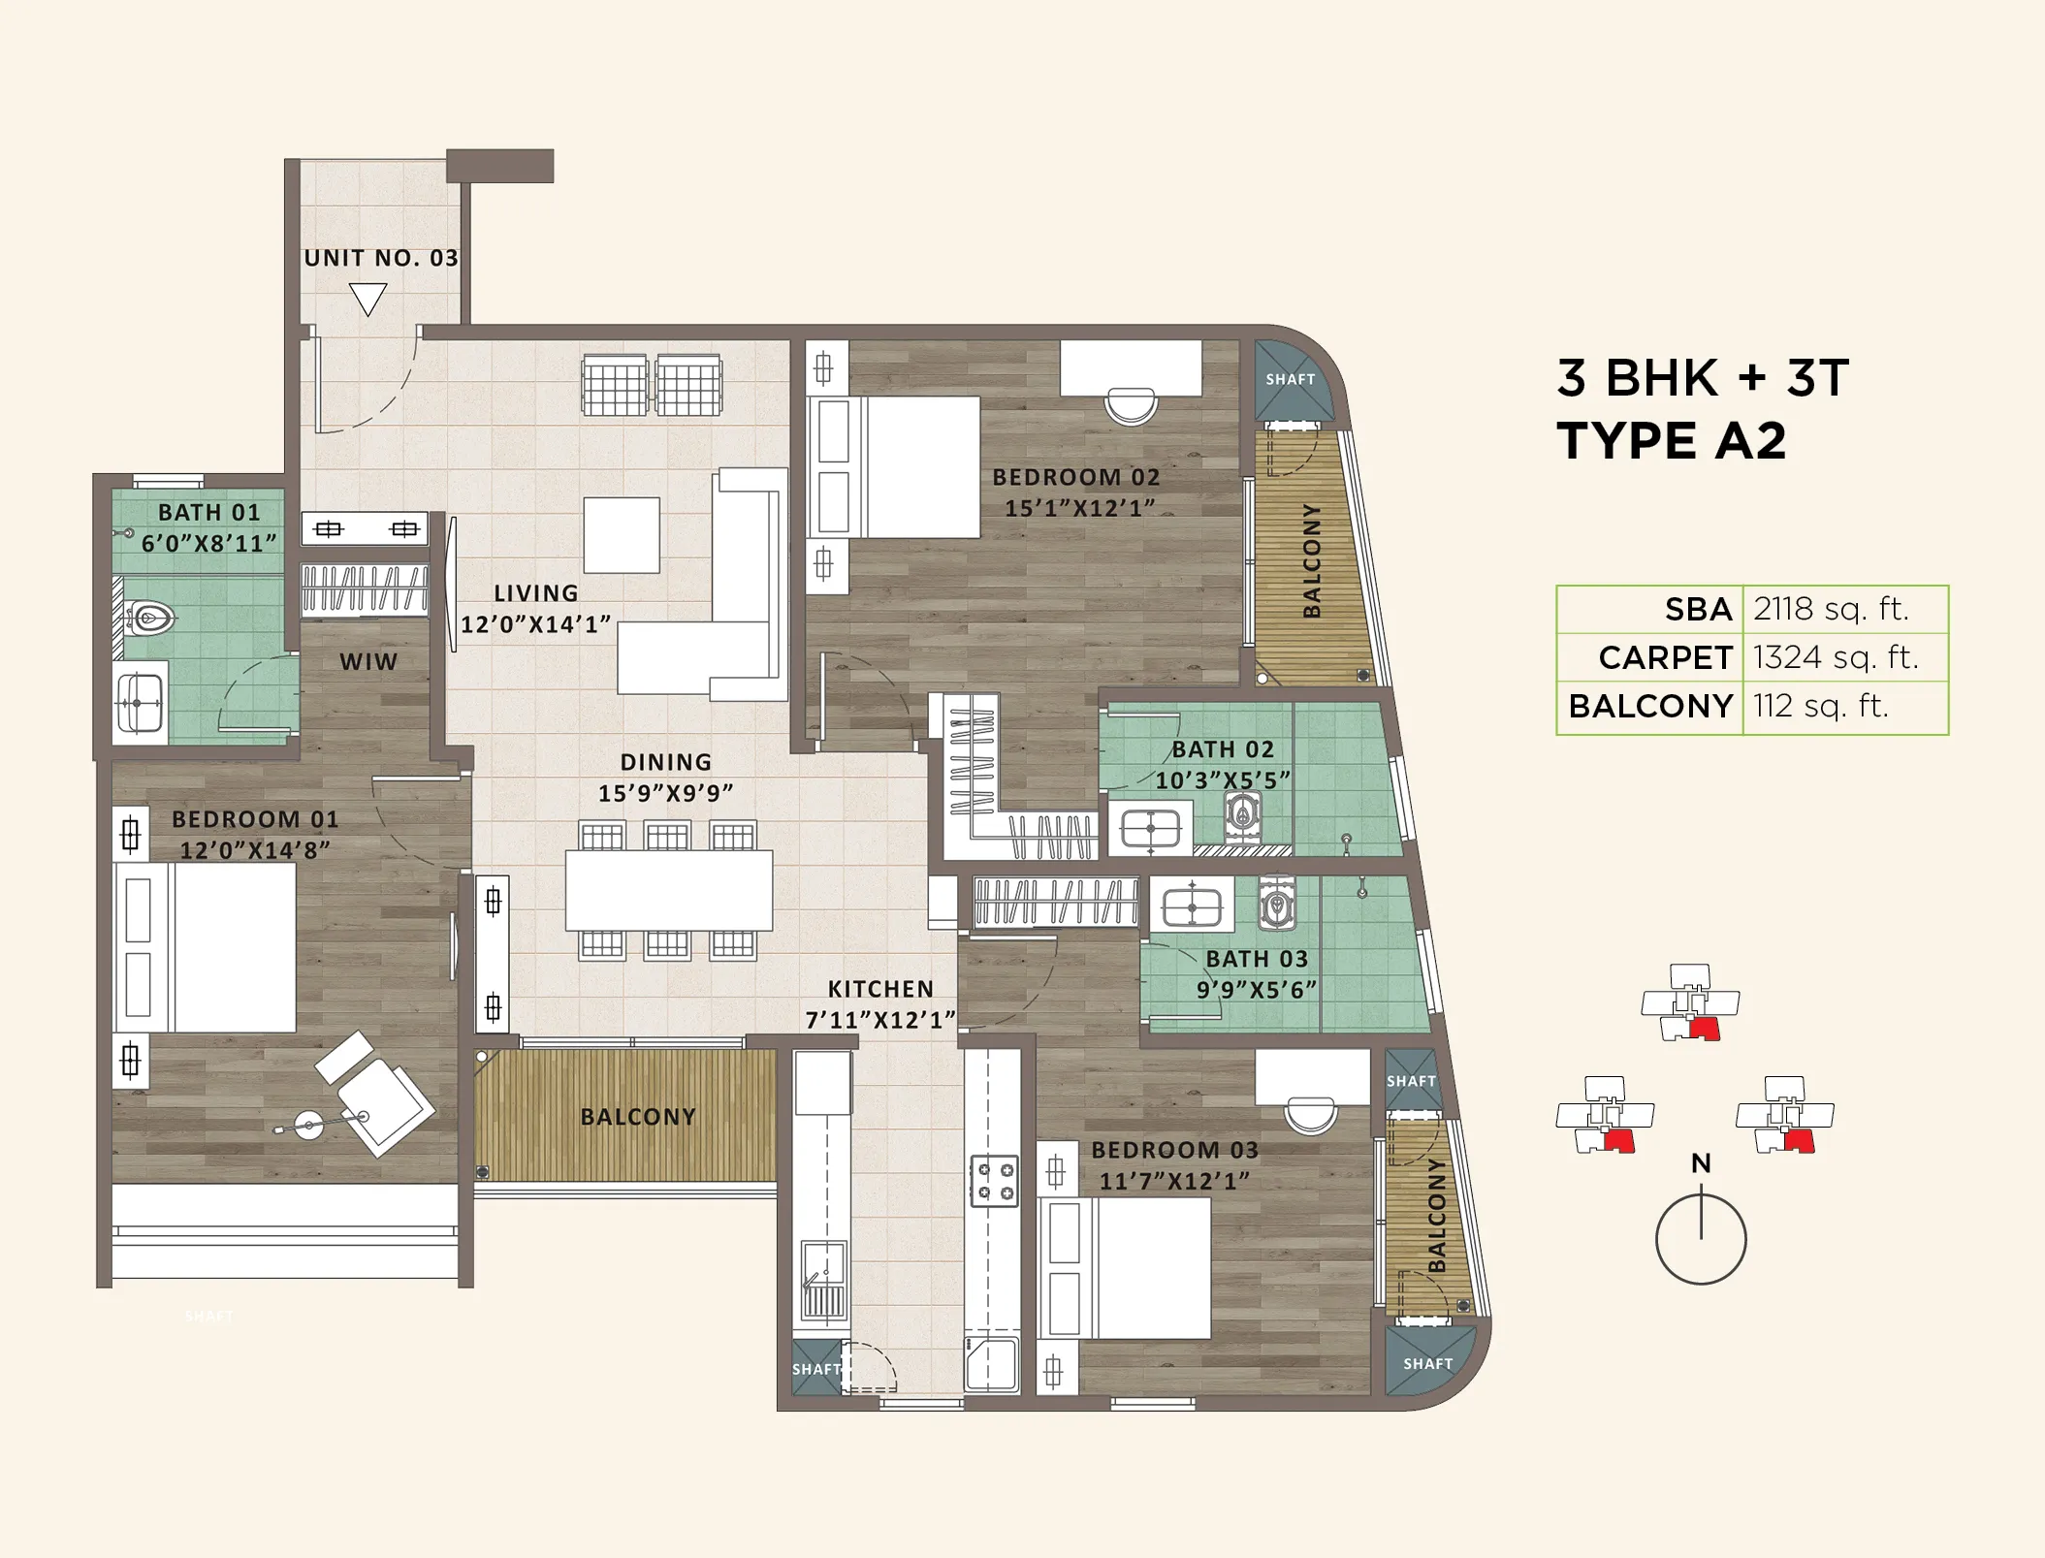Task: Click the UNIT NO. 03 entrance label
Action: point(381,258)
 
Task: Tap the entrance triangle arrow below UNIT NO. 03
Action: point(367,299)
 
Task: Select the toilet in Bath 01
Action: point(149,617)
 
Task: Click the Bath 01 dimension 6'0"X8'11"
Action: point(208,543)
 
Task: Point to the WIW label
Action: point(368,661)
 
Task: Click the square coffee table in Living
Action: point(622,535)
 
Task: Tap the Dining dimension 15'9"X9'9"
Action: point(665,793)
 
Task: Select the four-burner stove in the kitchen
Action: point(994,1180)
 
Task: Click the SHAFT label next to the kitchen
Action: point(816,1369)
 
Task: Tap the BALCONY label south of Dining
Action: point(638,1117)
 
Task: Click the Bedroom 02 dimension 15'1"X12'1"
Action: point(1079,508)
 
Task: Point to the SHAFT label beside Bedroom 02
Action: point(1290,379)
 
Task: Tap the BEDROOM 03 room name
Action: point(1174,1150)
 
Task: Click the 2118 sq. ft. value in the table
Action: point(1830,609)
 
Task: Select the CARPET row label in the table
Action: point(1665,657)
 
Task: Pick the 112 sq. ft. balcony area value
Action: point(1820,706)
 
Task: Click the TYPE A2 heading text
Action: point(1671,441)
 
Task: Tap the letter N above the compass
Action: point(1701,1162)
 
